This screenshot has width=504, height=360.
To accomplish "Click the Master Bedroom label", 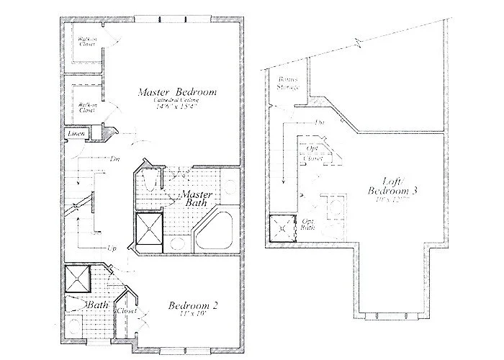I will (x=178, y=92).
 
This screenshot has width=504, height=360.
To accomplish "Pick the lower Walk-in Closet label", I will (x=87, y=107).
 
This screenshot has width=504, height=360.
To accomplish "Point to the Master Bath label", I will (x=194, y=199).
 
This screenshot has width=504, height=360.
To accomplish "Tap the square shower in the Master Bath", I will (x=151, y=230).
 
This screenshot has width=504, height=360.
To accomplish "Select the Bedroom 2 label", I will (x=193, y=305).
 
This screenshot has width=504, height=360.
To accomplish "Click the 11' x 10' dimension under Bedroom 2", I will (x=193, y=315).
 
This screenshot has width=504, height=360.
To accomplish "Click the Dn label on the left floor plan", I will (x=114, y=158).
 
